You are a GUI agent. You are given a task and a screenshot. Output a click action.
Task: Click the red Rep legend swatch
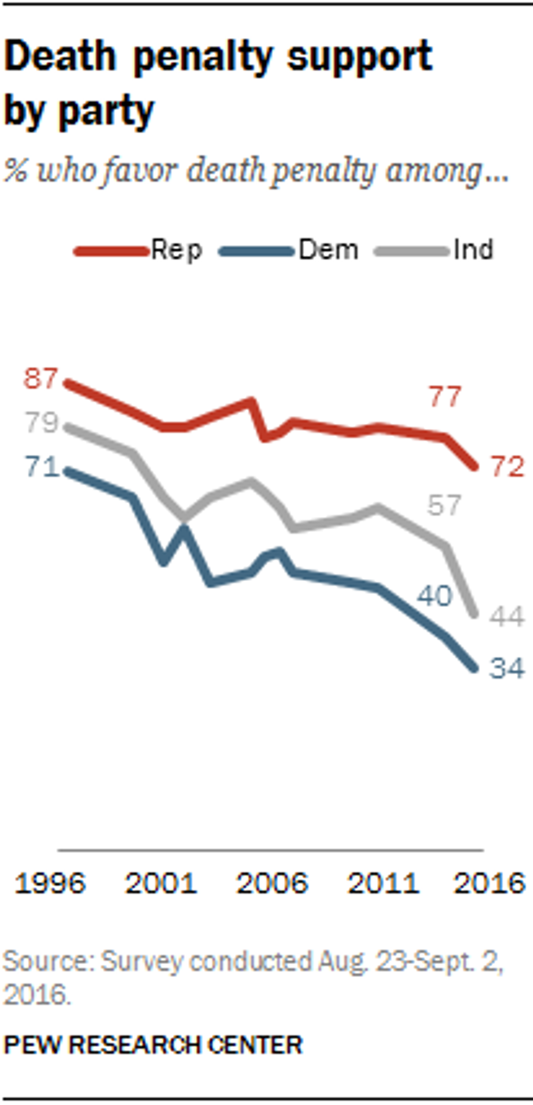111,251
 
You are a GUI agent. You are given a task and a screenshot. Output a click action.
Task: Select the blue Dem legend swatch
256,251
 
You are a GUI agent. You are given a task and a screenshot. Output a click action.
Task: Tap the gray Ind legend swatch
412,251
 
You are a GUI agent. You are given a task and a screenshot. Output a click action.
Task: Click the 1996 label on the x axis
50,883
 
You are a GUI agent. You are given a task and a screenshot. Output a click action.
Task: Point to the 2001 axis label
160,883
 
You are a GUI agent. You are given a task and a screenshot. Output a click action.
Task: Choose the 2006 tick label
272,883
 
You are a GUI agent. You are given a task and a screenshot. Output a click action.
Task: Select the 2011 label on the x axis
383,883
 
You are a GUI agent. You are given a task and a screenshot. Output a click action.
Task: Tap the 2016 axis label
489,883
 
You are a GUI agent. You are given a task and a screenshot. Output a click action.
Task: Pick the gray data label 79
41,423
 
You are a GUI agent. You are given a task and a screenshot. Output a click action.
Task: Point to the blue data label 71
42,467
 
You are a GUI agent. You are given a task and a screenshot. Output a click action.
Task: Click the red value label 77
445,397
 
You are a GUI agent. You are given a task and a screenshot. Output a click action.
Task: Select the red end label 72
507,467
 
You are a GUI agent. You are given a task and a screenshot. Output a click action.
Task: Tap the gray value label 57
444,506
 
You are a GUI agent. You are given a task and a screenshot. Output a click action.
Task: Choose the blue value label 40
435,596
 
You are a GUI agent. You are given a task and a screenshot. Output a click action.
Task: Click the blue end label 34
507,668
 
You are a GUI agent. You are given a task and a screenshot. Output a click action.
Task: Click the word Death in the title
60,57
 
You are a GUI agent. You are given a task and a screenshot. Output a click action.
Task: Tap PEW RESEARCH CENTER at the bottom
153,1045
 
